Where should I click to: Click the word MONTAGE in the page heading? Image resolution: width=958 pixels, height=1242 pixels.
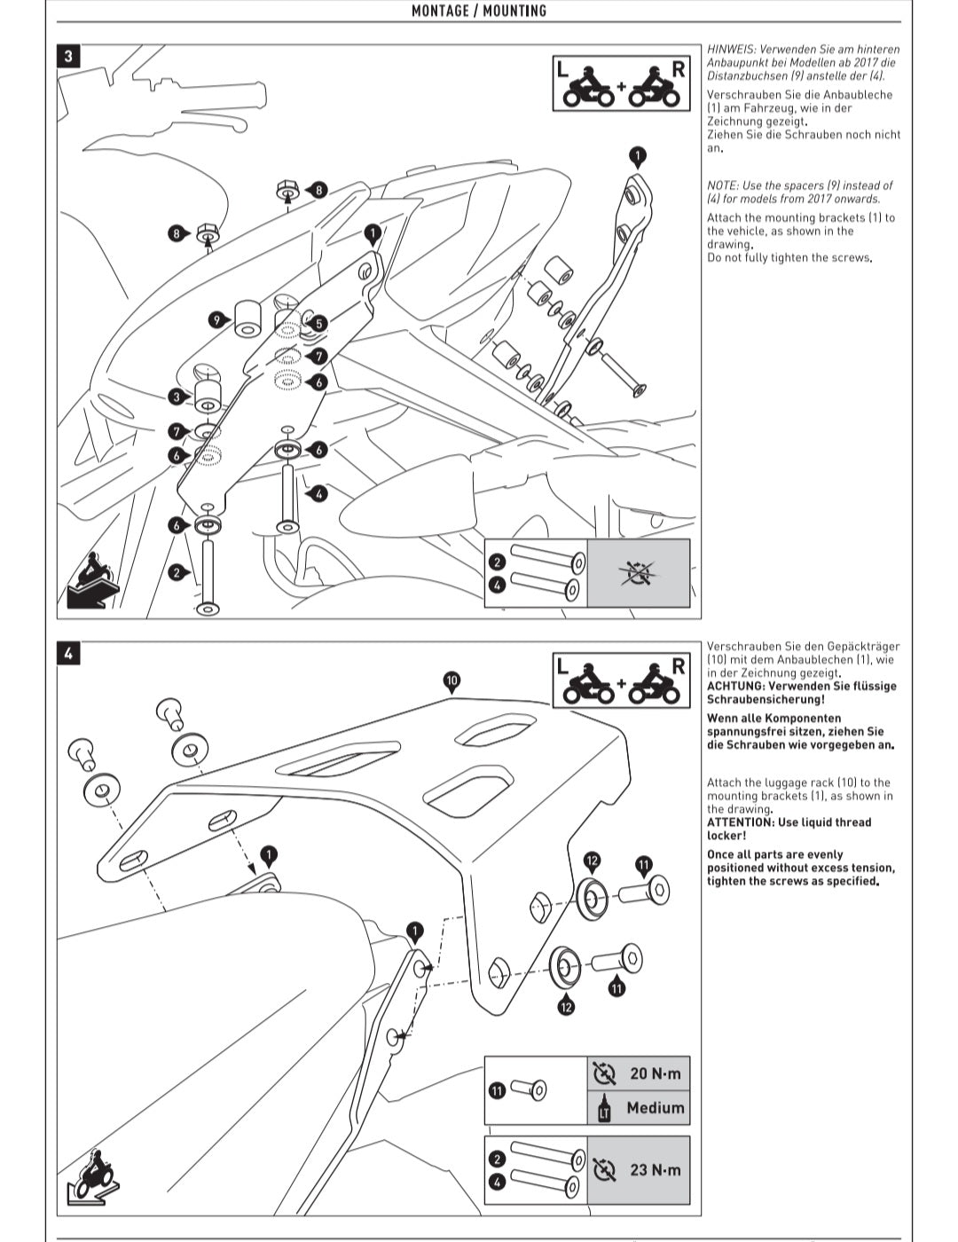coord(439,11)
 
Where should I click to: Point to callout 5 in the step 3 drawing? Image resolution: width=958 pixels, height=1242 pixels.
coord(318,325)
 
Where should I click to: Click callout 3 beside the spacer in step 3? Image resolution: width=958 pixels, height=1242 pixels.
coord(177,397)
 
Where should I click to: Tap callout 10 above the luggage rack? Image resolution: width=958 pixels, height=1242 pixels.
coord(452,680)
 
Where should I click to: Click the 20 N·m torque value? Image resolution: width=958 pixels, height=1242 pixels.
coord(656,1073)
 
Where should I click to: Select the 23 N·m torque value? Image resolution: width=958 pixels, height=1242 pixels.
coord(656,1170)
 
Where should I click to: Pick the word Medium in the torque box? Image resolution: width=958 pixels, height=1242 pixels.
coord(656,1108)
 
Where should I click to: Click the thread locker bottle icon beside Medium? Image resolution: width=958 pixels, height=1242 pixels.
coord(604,1109)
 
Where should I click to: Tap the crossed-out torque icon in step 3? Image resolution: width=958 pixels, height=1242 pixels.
coord(638,574)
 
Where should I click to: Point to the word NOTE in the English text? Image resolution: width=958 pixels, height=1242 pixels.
coord(722,185)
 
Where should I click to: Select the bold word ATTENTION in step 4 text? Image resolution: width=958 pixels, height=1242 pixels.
coord(735,822)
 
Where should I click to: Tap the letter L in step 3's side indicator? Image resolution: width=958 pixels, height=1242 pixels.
coord(562,68)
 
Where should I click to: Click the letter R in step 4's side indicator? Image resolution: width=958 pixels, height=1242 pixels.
coord(678,666)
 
